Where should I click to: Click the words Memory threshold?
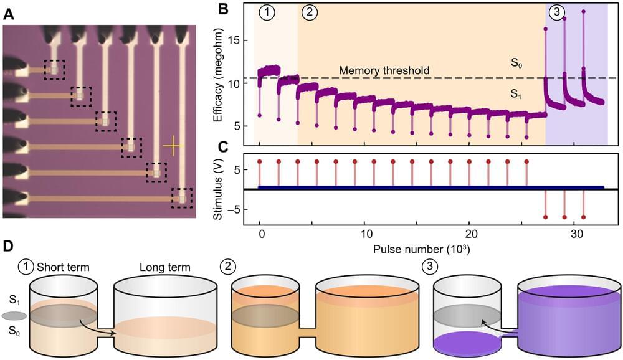click(x=384, y=70)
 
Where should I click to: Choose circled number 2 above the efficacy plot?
click(x=307, y=12)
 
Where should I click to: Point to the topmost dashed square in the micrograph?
click(x=54, y=69)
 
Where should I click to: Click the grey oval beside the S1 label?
click(x=12, y=315)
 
